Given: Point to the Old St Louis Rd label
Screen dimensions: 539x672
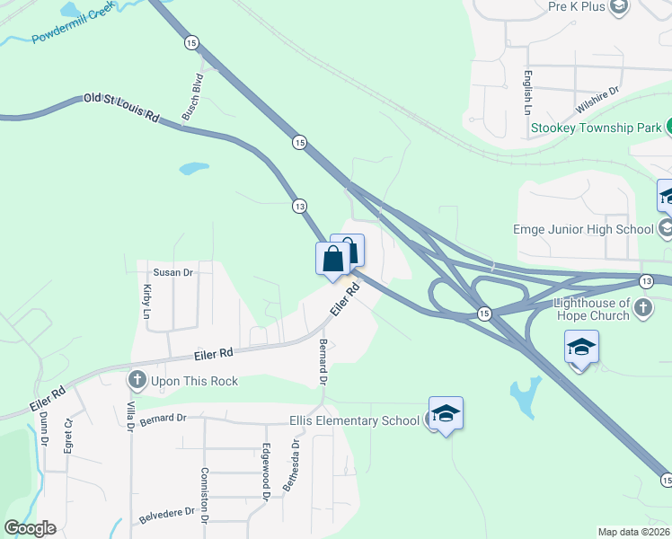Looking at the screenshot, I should click(x=121, y=107).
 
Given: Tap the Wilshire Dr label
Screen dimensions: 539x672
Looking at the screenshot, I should click(x=598, y=98).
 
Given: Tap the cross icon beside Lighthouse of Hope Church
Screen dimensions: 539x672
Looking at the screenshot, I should click(x=642, y=310).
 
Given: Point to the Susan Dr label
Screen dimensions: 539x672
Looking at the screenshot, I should click(x=173, y=272).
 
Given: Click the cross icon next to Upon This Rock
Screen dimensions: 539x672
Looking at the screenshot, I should click(x=137, y=381).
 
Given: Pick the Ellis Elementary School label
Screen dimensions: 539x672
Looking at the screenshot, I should click(x=354, y=420).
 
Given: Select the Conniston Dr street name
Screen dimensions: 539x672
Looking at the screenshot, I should click(x=205, y=495).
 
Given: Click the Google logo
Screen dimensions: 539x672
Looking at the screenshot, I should click(x=30, y=528).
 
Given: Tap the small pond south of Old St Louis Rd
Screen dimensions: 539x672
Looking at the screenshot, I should click(x=193, y=168).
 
